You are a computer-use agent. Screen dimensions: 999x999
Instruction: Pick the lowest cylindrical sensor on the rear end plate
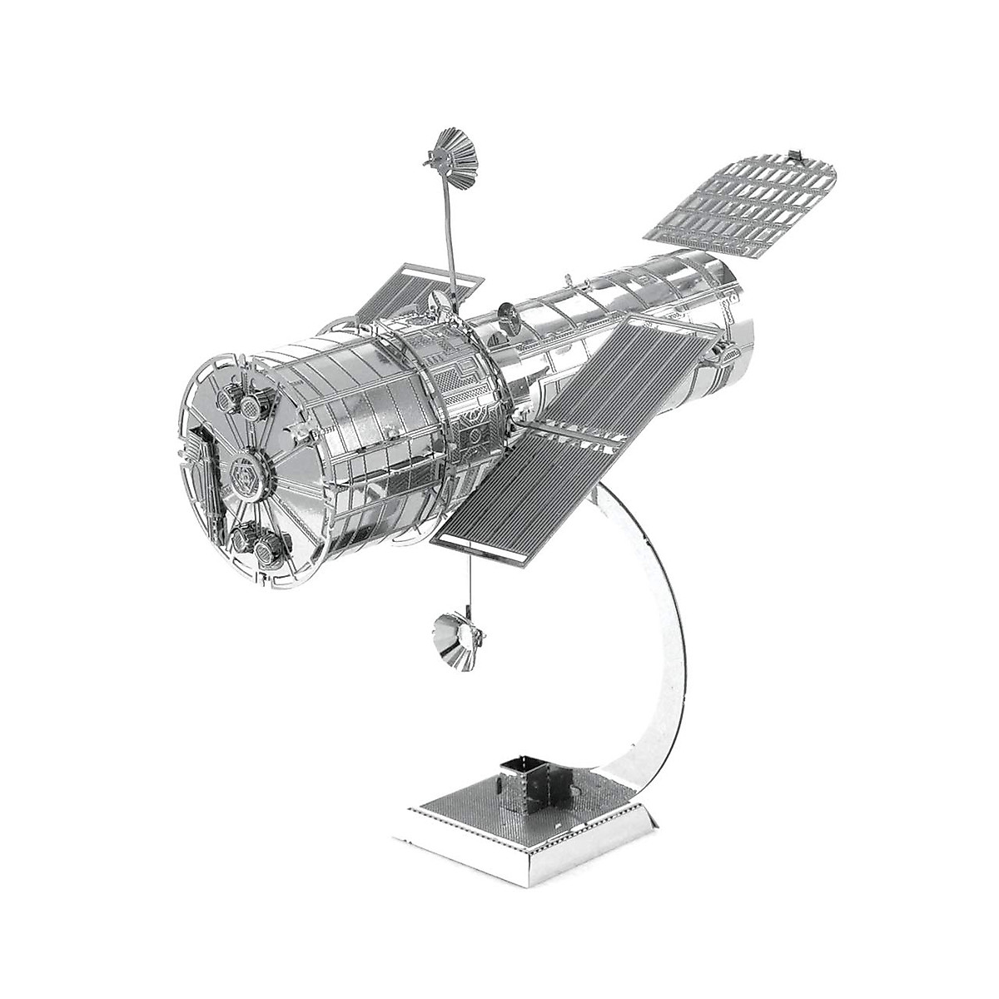click(x=265, y=549)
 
